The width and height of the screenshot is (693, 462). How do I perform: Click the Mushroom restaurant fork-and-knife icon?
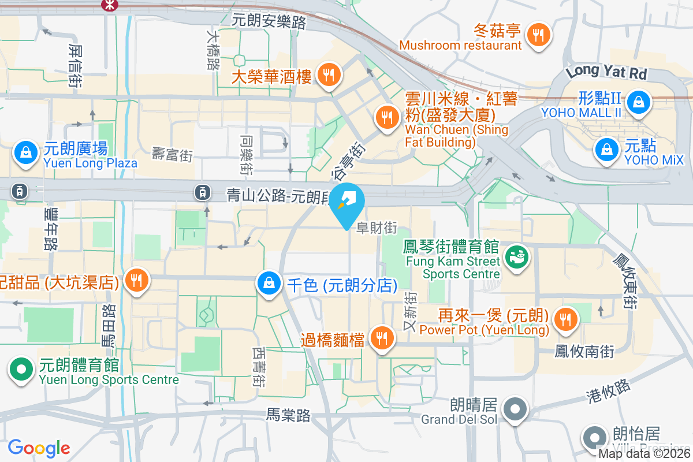(538, 35)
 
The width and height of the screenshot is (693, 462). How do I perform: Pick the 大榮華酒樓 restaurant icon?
(329, 74)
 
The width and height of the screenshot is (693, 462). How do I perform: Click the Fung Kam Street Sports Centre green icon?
(516, 256)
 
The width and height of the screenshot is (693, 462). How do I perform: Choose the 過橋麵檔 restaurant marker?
(381, 339)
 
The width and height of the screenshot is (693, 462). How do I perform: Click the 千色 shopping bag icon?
(269, 284)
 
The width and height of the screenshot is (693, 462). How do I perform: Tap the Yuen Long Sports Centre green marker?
(21, 368)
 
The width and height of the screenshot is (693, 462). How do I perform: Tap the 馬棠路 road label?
(289, 415)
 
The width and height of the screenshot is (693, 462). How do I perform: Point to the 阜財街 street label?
(377, 229)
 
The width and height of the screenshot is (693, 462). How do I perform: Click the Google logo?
(39, 448)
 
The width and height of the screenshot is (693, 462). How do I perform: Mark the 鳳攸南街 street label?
(584, 351)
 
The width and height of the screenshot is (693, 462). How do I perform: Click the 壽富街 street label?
(172, 154)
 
